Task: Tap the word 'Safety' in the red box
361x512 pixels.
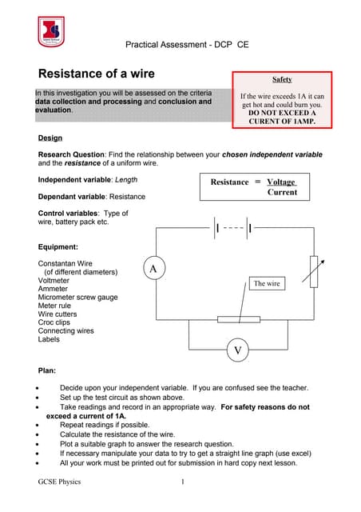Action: pos(282,80)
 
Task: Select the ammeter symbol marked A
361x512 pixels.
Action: pos(153,270)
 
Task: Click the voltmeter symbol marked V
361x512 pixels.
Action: pos(237,350)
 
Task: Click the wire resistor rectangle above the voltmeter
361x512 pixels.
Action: pos(238,319)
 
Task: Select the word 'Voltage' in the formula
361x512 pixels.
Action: pos(281,182)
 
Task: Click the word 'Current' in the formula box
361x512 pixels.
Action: pos(282,193)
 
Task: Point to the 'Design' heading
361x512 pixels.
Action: pos(50,138)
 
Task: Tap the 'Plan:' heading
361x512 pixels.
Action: pos(47,371)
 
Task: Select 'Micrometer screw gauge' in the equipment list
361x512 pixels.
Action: pos(78,298)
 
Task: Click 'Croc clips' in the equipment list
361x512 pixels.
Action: pos(56,322)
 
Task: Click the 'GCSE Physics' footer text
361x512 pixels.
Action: pos(59,482)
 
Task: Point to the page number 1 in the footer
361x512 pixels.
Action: pos(182,482)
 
